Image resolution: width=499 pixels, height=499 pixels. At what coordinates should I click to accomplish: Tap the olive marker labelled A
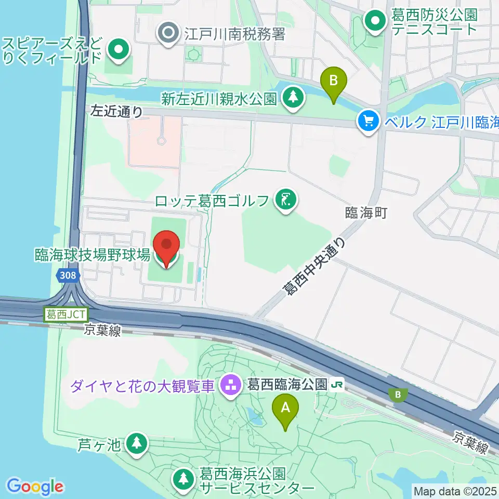click(285, 408)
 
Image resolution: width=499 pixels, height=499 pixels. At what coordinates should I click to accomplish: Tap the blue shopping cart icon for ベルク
click(369, 122)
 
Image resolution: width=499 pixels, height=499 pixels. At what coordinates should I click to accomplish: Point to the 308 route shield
click(67, 277)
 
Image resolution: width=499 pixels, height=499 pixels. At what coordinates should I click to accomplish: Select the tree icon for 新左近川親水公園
click(293, 97)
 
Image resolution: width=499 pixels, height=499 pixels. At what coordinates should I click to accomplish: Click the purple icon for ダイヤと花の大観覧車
click(229, 385)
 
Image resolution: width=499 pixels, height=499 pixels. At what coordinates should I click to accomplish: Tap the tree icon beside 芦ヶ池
click(136, 443)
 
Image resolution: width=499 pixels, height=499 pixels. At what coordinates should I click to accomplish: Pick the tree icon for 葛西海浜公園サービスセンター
click(183, 479)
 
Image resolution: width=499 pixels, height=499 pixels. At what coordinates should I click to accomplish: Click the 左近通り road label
click(116, 110)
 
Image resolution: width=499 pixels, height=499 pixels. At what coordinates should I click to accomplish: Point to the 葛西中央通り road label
click(313, 266)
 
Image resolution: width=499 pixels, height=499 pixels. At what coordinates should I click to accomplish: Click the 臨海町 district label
click(366, 213)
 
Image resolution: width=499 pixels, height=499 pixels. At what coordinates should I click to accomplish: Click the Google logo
click(35, 487)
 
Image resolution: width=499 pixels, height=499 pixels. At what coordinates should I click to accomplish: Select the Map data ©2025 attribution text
click(455, 491)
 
